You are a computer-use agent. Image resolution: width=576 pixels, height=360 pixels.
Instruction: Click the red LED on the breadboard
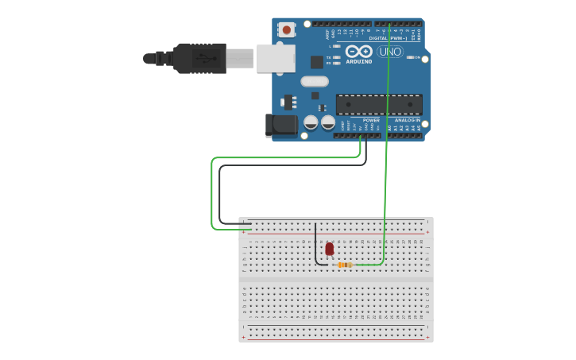330,249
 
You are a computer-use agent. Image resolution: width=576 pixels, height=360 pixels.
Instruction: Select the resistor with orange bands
345,265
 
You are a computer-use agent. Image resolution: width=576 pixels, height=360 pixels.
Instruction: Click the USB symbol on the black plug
204,58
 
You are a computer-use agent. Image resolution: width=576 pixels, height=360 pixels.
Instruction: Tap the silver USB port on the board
276,58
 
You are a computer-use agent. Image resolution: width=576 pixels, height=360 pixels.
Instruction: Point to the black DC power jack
280,125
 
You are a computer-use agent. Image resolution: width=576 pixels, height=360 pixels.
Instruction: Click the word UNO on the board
389,52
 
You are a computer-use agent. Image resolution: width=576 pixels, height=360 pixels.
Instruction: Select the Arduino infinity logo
359,51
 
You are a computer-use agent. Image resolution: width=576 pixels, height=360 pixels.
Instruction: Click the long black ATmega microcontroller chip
379,104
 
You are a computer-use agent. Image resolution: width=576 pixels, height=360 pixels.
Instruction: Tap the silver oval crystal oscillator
315,81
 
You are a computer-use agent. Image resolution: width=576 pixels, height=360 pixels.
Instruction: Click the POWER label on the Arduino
371,120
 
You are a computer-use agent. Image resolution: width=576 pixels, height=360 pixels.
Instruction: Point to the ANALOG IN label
407,120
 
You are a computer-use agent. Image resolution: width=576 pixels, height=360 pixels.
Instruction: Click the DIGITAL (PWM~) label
388,38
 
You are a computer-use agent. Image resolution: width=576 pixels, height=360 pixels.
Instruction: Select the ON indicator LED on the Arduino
411,57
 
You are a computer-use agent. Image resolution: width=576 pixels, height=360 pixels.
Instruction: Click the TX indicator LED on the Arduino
338,57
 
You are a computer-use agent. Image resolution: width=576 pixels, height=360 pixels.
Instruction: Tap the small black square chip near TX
317,61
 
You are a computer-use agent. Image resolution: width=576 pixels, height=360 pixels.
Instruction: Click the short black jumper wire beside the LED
316,246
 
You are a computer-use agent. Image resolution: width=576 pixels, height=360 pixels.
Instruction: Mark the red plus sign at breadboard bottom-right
427,337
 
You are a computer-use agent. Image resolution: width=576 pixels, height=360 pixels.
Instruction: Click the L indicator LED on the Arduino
338,46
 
